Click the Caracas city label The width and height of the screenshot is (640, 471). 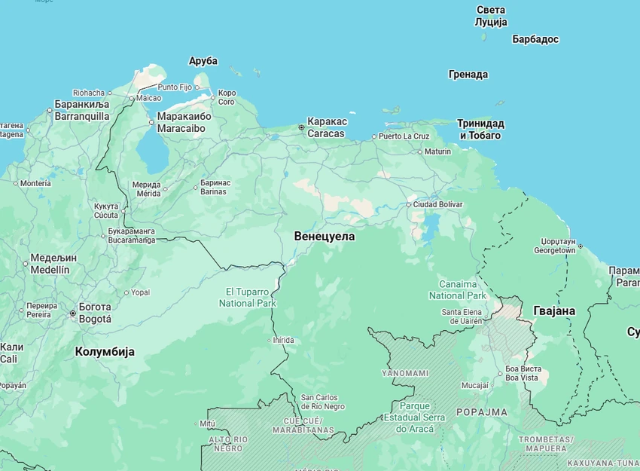click(x=327, y=127)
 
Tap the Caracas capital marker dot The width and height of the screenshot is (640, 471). click(x=301, y=127)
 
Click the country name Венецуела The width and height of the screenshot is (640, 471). click(x=324, y=236)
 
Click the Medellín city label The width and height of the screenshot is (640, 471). click(x=50, y=264)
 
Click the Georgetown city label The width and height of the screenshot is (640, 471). click(x=554, y=245)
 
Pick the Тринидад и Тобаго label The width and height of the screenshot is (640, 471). click(x=480, y=129)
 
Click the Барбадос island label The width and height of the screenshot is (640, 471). click(x=535, y=38)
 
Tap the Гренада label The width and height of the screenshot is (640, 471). click(x=468, y=75)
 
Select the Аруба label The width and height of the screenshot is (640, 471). click(x=203, y=61)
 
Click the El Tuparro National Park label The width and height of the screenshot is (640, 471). click(x=247, y=297)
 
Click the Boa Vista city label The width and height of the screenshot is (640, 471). click(x=523, y=374)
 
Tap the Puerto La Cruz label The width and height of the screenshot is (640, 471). click(x=404, y=136)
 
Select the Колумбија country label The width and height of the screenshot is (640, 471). click(x=105, y=351)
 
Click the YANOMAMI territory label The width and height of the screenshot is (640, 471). click(x=405, y=373)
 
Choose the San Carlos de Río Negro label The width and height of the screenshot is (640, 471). click(x=322, y=402)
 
